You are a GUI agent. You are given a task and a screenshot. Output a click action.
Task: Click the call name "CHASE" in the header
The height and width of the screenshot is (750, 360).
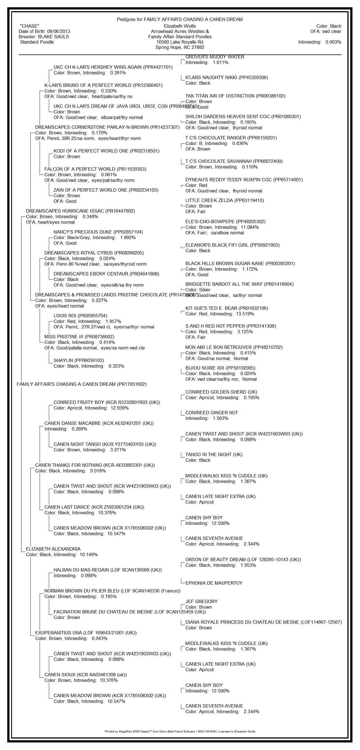29,26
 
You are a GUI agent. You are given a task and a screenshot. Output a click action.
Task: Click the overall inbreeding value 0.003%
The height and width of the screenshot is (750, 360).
333,42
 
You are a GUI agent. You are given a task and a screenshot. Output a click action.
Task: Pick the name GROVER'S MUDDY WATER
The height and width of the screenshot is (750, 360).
214,57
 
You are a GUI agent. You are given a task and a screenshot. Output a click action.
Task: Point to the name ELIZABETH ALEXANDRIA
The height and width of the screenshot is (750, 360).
53,549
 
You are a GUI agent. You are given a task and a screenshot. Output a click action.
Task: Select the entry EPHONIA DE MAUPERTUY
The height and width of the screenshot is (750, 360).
214,583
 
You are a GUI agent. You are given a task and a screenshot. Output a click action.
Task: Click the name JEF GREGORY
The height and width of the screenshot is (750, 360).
201,601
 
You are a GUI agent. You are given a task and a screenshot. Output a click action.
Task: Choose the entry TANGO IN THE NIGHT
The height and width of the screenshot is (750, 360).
214,455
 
